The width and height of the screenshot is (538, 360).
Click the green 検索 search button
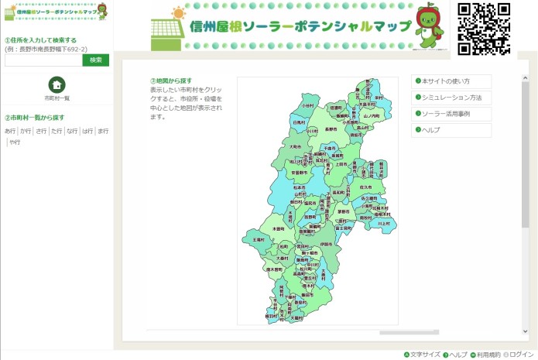pos(95,60)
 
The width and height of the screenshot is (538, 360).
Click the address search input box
pos(43,60)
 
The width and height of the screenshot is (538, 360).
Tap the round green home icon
pos(57,85)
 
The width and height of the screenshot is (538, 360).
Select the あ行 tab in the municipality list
pos(10,132)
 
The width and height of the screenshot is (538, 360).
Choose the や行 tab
pos(15,142)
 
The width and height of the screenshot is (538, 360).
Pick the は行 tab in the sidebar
pos(87,132)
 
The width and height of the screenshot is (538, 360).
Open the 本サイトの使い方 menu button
pos(451,81)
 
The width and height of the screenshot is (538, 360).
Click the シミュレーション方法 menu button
pos(451,98)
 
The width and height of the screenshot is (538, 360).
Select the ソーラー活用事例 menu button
pos(451,114)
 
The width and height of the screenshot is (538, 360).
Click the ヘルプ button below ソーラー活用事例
pos(451,130)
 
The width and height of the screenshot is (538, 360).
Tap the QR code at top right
pos(484,29)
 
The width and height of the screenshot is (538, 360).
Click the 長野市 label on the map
pos(331,129)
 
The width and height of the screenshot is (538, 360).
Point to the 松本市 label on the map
pos(300,187)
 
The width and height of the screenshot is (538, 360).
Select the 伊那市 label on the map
pos(325,244)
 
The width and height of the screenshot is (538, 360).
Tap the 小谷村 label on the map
pos(307,105)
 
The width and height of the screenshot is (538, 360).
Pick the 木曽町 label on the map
pos(278,229)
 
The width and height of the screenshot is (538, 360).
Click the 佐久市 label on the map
pos(365,187)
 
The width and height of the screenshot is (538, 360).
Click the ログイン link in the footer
pos(520,355)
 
